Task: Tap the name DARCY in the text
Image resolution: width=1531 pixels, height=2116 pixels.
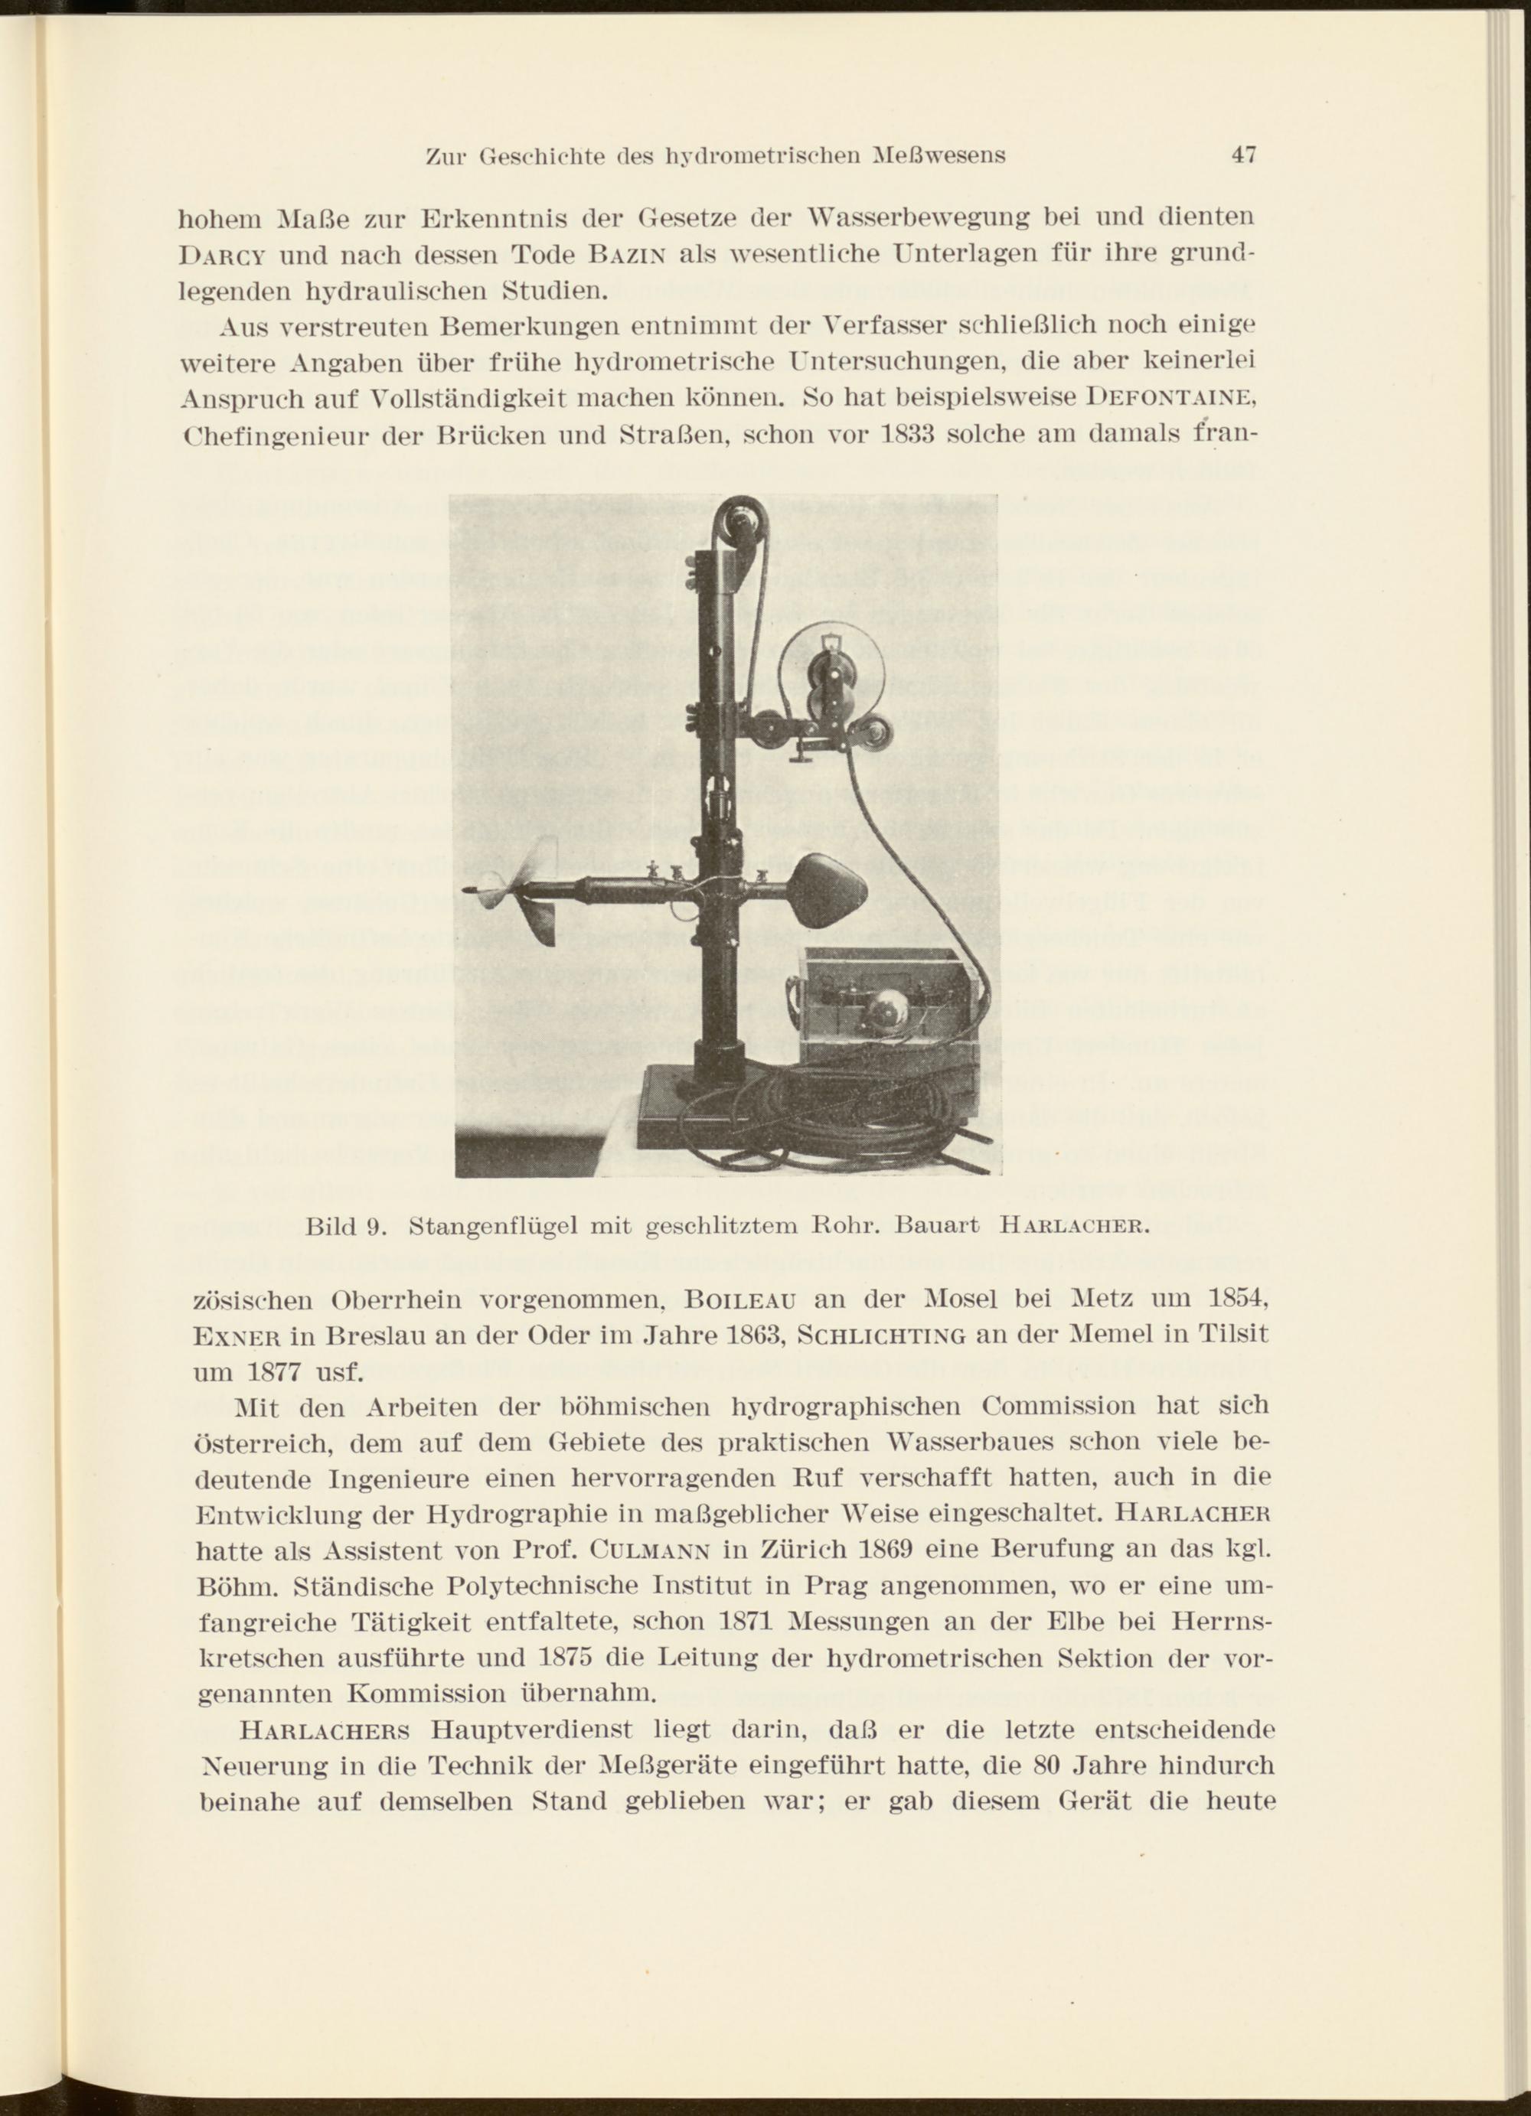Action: [x=217, y=255]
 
